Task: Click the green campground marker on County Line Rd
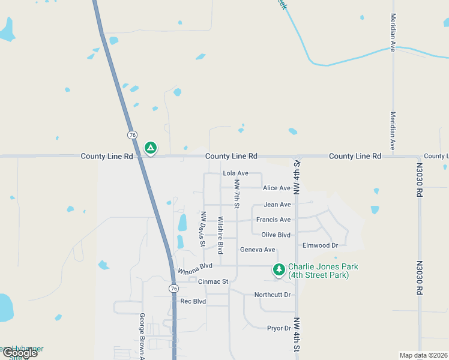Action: (x=151, y=148)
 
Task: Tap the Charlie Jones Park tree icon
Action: (x=279, y=270)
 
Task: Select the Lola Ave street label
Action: (x=235, y=173)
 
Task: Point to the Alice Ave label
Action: (x=277, y=188)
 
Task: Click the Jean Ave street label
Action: (x=277, y=205)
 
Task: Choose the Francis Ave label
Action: (x=273, y=220)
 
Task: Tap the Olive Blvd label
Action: (x=276, y=235)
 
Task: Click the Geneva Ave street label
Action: (x=258, y=250)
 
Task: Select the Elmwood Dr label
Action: (x=321, y=245)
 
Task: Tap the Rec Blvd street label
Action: (x=193, y=301)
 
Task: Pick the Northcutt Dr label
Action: (x=272, y=295)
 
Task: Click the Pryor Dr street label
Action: (x=279, y=328)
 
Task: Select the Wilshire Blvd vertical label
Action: (x=220, y=235)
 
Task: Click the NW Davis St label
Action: (x=203, y=229)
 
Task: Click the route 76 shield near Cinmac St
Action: (x=173, y=289)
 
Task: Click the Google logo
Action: (x=19, y=353)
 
